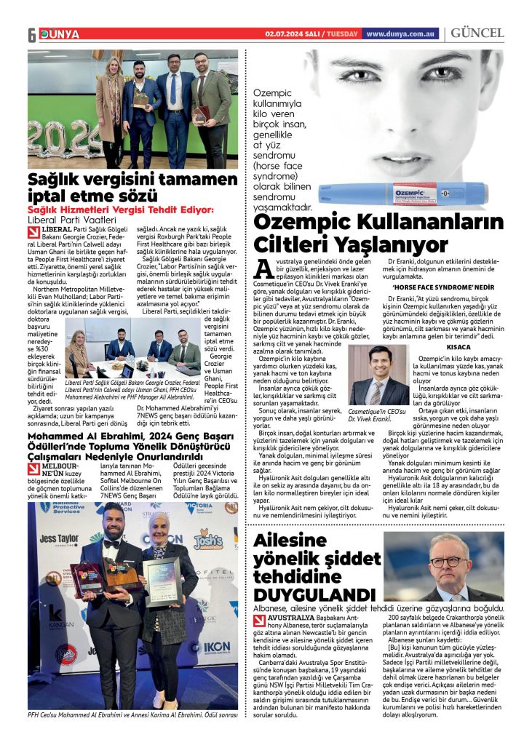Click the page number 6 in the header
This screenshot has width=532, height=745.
click(x=33, y=35)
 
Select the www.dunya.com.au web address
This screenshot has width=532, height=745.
click(x=400, y=33)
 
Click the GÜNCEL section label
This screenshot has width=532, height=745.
click(x=477, y=33)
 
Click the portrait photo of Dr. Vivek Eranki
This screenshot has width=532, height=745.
click(x=378, y=375)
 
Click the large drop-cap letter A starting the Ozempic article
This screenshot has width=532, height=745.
click(x=262, y=268)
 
